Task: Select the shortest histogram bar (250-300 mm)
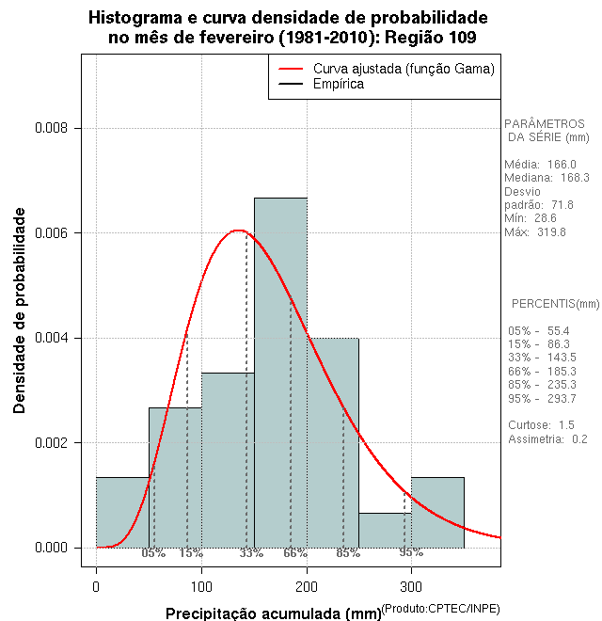point(385,531)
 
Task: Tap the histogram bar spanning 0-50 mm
point(122,513)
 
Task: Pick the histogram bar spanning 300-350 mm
point(437,513)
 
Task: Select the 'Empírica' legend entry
point(339,84)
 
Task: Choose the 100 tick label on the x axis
point(201,586)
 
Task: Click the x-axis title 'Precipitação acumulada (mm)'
point(273,613)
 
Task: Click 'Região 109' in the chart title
point(434,38)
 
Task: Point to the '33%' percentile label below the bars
point(251,553)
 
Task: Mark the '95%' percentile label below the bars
point(411,552)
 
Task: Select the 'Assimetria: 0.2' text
point(547,438)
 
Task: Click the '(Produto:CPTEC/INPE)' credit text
point(440,609)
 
